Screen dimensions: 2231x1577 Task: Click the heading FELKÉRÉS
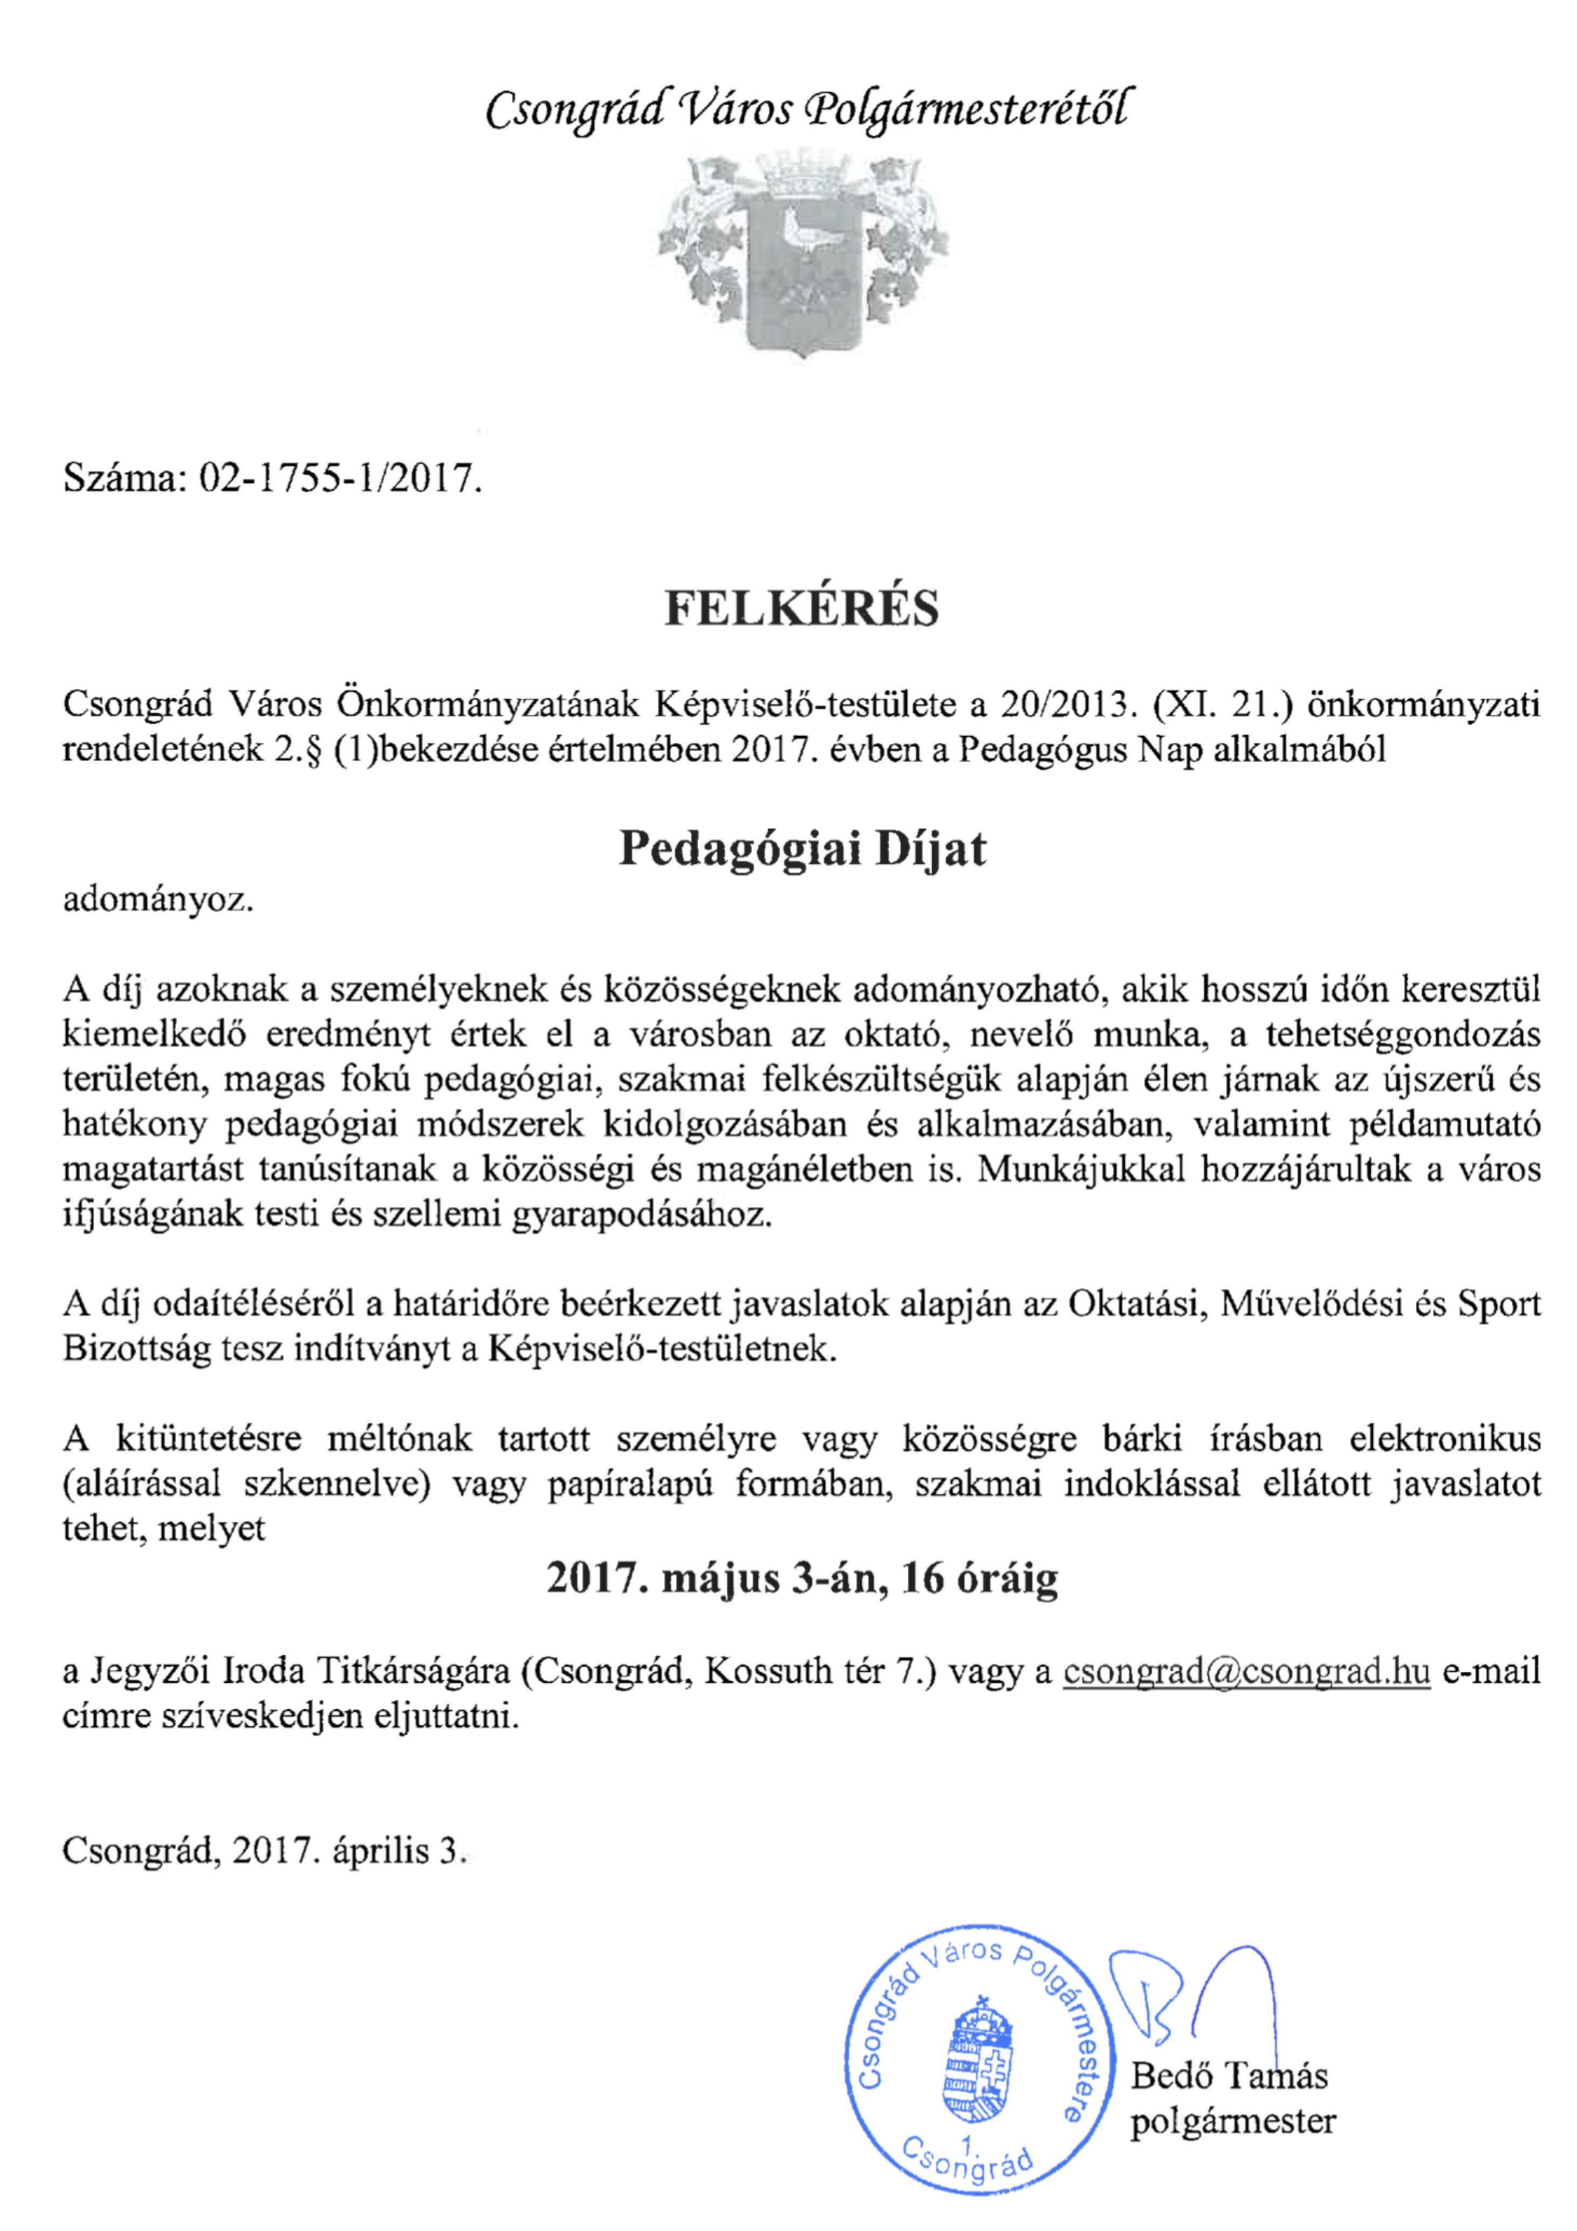pyautogui.click(x=801, y=608)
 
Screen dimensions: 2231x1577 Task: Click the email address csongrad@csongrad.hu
pyautogui.click(x=1246, y=1671)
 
